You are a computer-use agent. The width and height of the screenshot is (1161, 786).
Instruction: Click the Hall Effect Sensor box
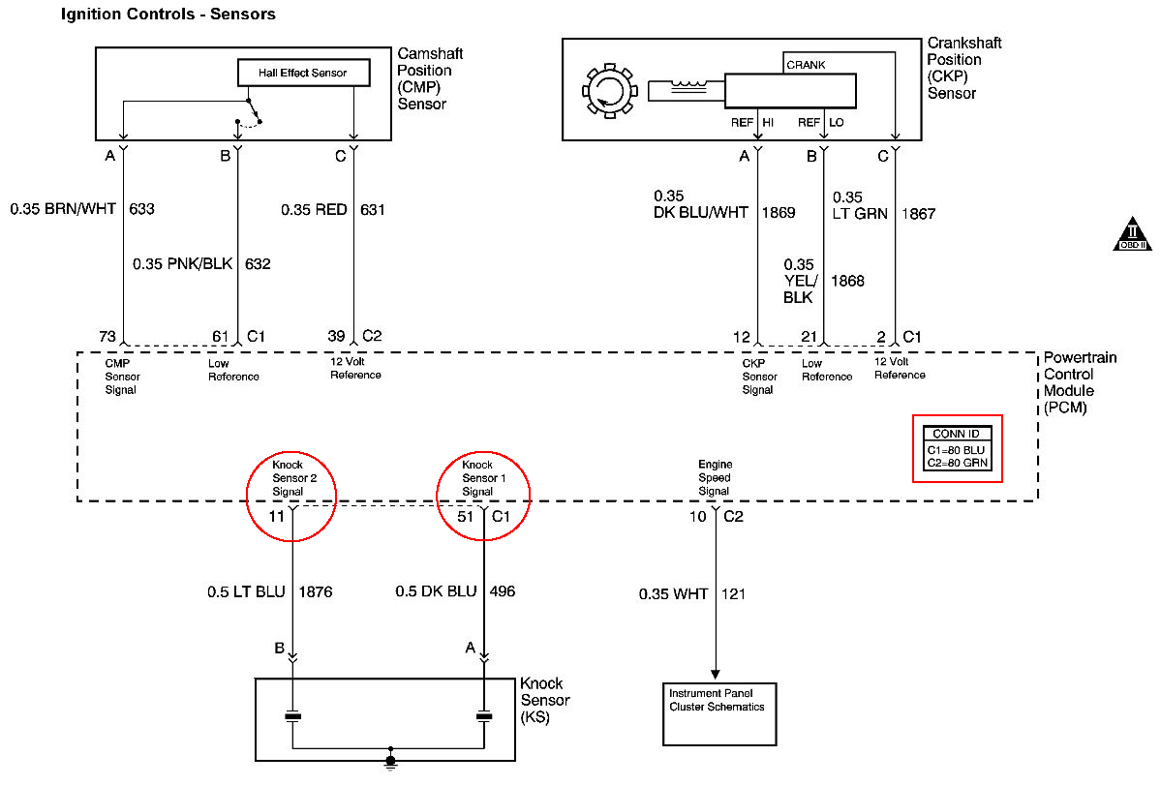[x=302, y=73]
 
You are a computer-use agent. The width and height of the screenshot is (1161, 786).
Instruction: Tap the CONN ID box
[x=957, y=447]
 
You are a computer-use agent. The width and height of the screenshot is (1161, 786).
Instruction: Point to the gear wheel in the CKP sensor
[x=607, y=92]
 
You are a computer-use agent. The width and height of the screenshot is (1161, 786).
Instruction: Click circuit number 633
[x=140, y=208]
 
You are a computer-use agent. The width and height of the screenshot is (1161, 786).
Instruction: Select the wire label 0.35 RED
[x=314, y=209]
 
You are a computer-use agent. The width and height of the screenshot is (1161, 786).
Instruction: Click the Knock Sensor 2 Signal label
[x=289, y=478]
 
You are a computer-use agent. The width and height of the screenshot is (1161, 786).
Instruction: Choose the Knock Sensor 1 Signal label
[x=478, y=478]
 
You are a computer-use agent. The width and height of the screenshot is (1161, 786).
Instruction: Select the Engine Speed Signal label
[x=714, y=478]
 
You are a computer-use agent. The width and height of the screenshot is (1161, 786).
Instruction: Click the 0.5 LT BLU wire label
[x=246, y=591]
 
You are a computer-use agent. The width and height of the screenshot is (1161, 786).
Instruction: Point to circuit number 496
[x=504, y=591]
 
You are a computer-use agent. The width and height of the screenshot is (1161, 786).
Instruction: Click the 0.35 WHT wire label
[x=673, y=593]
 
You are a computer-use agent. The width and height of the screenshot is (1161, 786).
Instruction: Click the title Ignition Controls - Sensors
[x=168, y=14]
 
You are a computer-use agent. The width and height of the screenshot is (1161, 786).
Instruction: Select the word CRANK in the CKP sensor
[x=806, y=65]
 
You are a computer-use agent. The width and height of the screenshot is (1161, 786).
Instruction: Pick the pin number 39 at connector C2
[x=336, y=336]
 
